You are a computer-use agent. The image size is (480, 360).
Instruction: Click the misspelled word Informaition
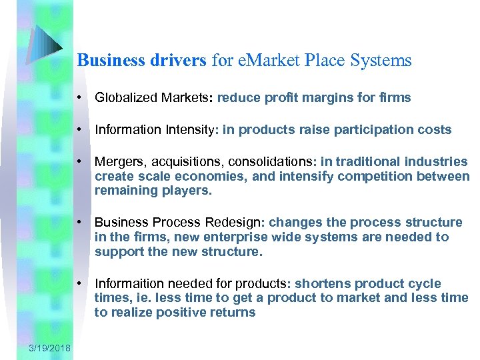129,283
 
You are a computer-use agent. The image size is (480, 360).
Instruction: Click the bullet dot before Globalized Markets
80,98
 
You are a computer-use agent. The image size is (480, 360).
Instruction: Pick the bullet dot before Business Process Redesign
80,223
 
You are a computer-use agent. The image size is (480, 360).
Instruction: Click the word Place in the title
326,61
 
